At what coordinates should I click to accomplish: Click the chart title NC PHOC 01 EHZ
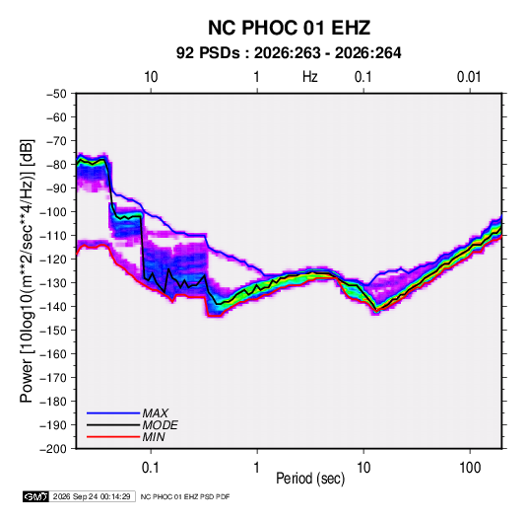289,28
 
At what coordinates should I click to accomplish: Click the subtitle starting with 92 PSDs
289,53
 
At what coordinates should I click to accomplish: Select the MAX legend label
155,413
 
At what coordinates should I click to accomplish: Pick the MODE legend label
160,425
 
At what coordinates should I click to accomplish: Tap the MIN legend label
154,437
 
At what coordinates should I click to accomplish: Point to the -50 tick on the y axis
56,94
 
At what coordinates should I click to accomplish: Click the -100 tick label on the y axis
53,212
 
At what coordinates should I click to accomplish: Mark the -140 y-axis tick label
53,307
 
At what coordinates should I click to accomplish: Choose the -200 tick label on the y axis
53,449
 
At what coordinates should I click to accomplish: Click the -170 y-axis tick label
53,378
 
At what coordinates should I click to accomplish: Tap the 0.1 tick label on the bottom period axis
151,468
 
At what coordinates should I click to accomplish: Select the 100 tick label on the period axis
470,468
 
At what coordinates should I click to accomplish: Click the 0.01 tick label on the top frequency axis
469,77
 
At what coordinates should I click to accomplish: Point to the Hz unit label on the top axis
310,77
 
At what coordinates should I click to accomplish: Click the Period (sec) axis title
310,479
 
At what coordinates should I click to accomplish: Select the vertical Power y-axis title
28,271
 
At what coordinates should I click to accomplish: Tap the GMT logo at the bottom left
35,496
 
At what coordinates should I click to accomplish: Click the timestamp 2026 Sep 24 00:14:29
92,496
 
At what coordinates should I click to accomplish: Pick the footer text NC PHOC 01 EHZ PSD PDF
185,497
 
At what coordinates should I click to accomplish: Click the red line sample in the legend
113,437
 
